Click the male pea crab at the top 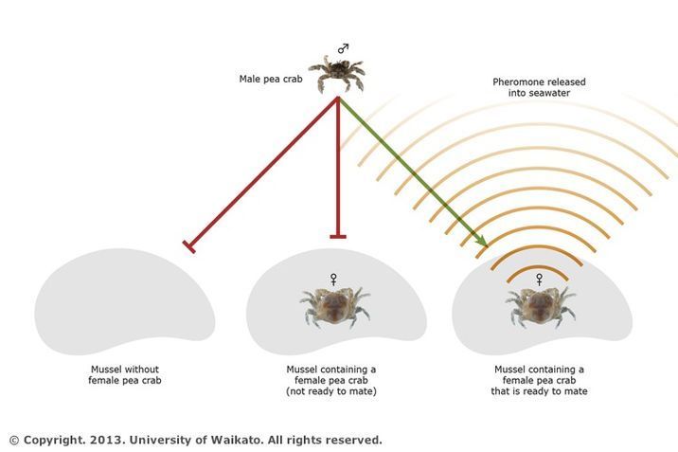[x=337, y=74]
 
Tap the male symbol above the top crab [x=344, y=48]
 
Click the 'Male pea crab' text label [x=271, y=79]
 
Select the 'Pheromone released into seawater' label [x=539, y=87]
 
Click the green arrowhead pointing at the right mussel [x=481, y=240]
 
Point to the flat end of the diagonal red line [x=189, y=246]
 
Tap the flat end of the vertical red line [x=338, y=237]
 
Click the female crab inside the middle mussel [x=335, y=306]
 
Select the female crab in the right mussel [x=541, y=306]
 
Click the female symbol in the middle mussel [x=333, y=279]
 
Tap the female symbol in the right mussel [x=539, y=279]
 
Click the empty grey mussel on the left [x=125, y=302]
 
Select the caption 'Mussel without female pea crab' [x=125, y=375]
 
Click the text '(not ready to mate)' [x=331, y=391]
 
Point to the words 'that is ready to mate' [x=539, y=391]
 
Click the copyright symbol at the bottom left [x=14, y=441]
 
